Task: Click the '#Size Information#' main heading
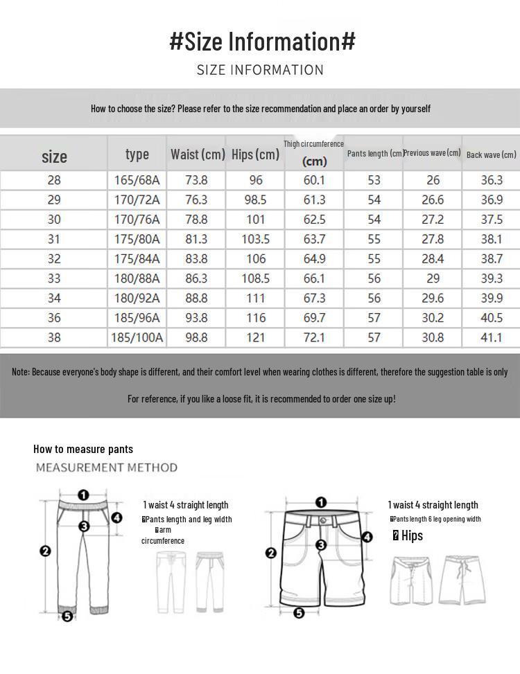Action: pos(262,41)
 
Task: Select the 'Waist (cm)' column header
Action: pos(198,154)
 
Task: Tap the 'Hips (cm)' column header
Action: pos(255,154)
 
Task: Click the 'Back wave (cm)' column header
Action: pos(492,154)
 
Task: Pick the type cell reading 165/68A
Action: pos(137,180)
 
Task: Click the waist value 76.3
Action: pos(196,199)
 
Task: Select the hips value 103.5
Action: pos(256,239)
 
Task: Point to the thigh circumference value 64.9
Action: pos(314,258)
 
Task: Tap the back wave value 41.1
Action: pos(492,337)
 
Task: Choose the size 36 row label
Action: pos(54,318)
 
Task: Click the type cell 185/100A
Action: pos(137,337)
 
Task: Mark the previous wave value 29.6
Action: pos(433,298)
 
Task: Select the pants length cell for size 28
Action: pos(374,180)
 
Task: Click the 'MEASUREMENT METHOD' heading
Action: pos(107,468)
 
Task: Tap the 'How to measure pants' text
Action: pos(83,449)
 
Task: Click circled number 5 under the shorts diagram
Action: pos(299,613)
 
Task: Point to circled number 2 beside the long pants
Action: pos(46,551)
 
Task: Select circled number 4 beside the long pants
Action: pos(116,517)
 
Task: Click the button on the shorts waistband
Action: pos(322,520)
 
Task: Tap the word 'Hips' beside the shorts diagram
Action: pos(411,535)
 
